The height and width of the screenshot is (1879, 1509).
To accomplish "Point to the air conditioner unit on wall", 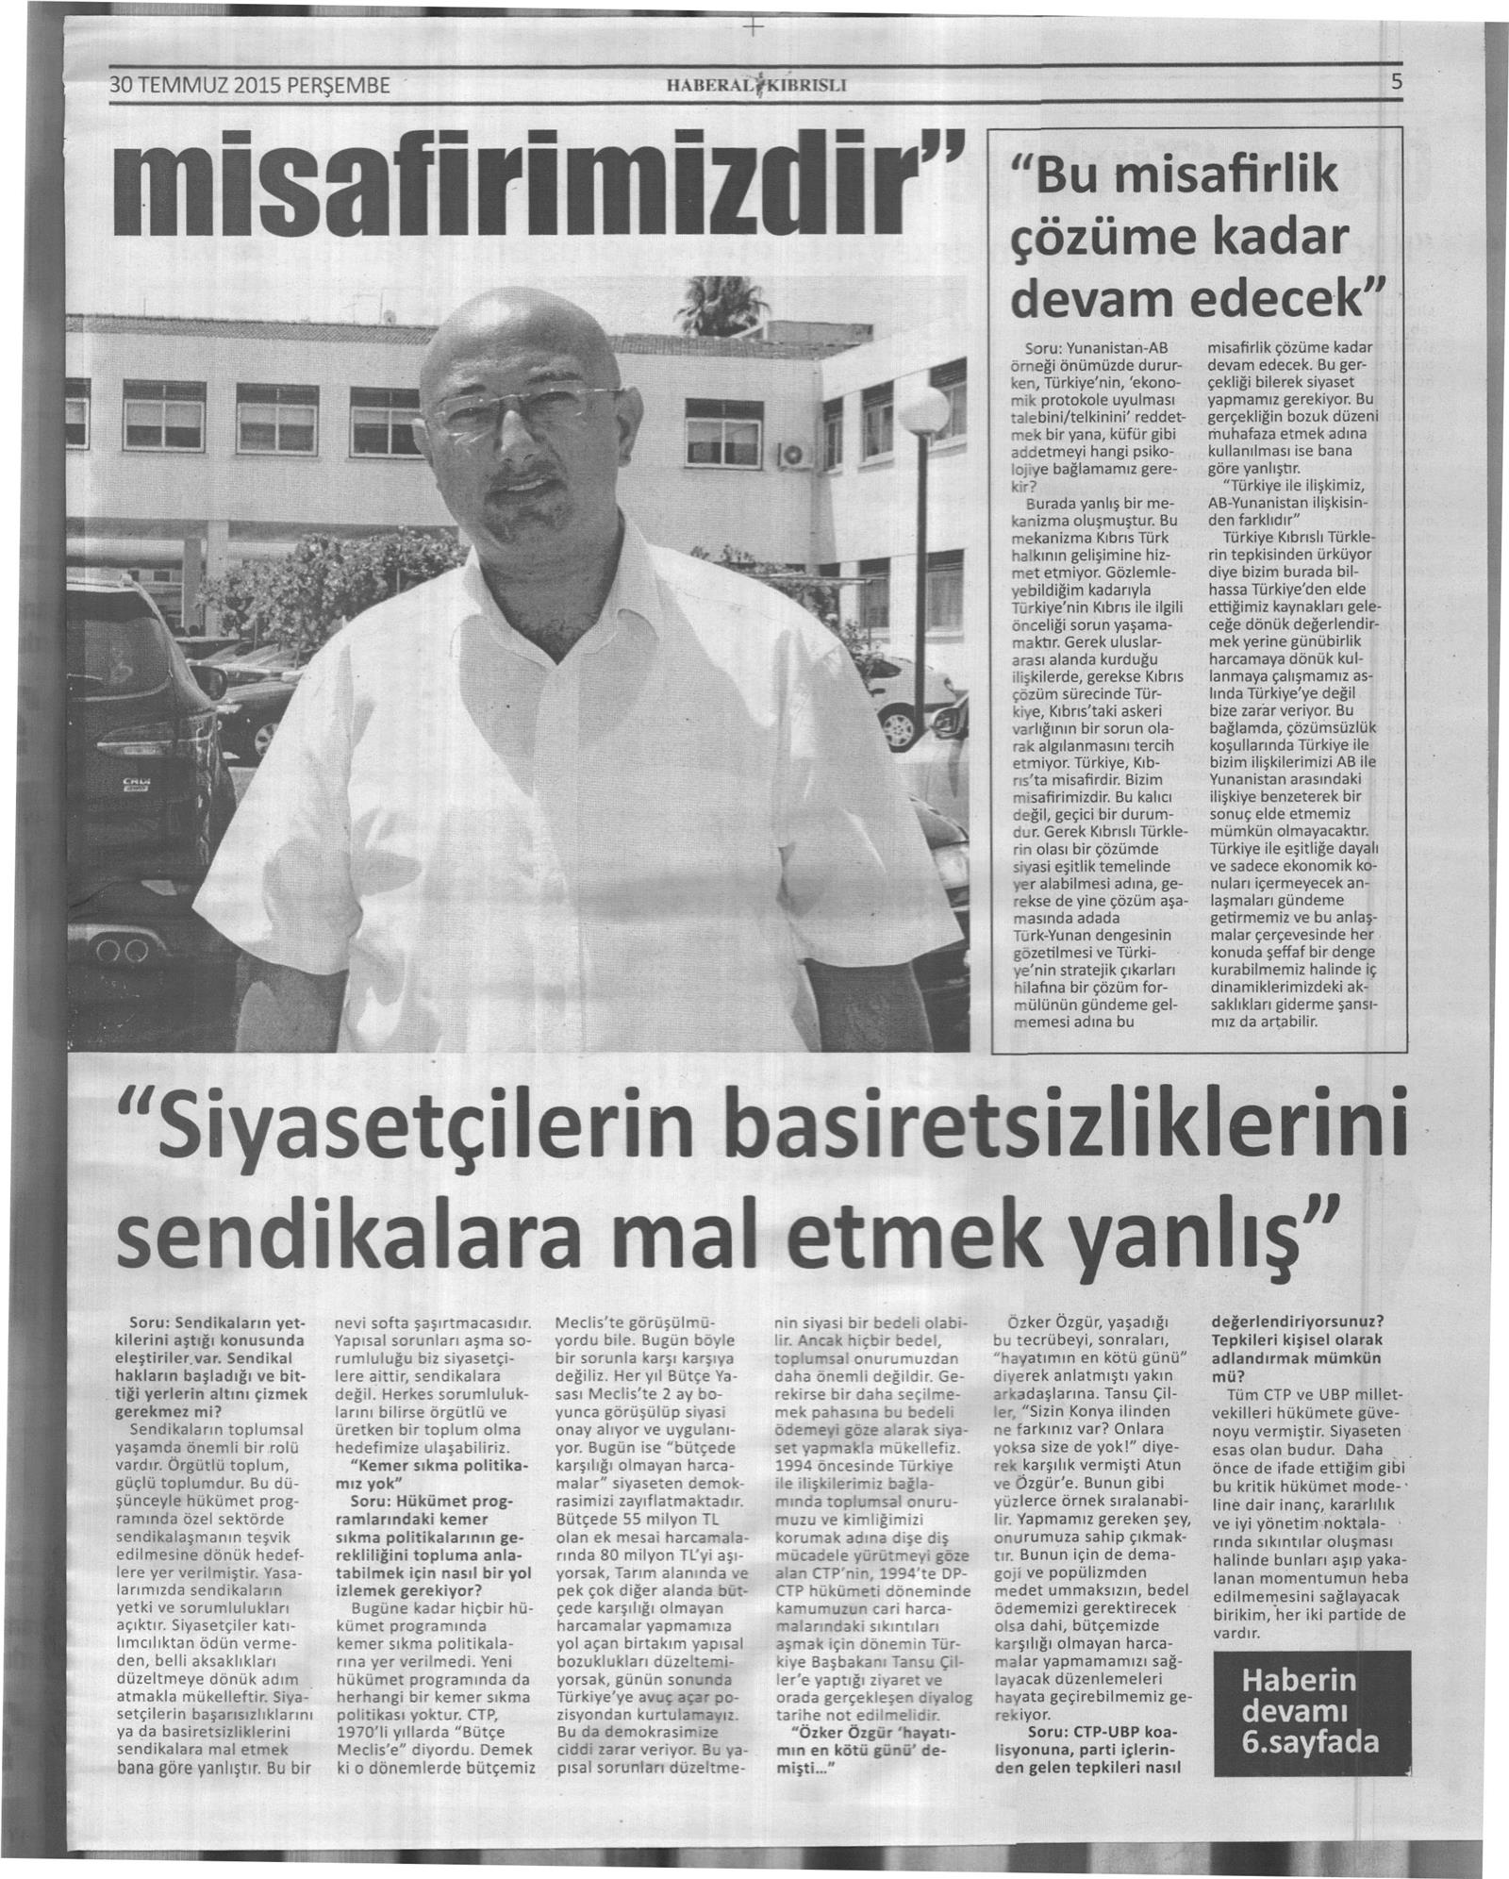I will [x=788, y=458].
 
